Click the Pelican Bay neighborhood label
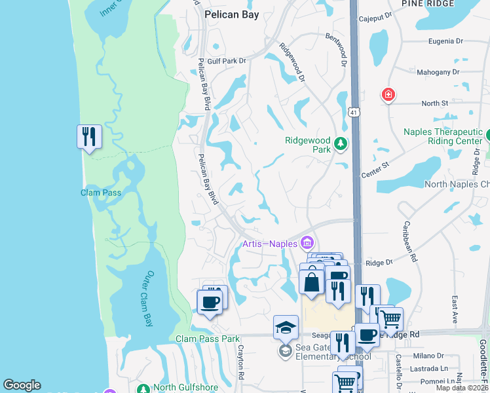pyautogui.click(x=231, y=14)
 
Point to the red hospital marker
pyautogui.click(x=388, y=96)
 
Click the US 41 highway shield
pyautogui.click(x=354, y=113)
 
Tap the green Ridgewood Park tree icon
pyautogui.click(x=340, y=143)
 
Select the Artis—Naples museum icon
pyautogui.click(x=306, y=244)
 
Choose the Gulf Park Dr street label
pyautogui.click(x=226, y=61)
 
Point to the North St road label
pyautogui.click(x=434, y=103)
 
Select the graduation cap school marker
pyautogui.click(x=286, y=326)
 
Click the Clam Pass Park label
pyautogui.click(x=207, y=339)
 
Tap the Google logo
pyautogui.click(x=22, y=385)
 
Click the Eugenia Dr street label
pyautogui.click(x=445, y=41)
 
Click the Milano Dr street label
pyautogui.click(x=426, y=355)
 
